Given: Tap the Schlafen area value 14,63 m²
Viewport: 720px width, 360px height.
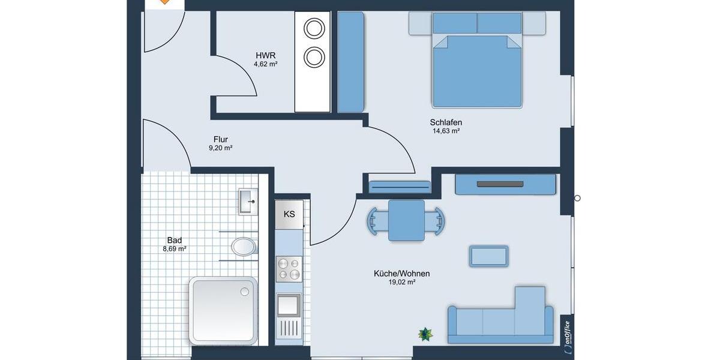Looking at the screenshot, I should coord(446,131).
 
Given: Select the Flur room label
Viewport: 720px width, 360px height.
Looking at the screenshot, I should coord(220,140).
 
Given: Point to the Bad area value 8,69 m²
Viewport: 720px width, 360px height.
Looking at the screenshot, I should coord(175,248).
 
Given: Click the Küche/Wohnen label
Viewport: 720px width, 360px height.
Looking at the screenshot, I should coord(401,274).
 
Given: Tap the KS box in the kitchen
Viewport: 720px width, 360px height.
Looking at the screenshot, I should coord(289,214).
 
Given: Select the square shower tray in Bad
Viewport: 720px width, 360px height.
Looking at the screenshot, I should coord(223,309).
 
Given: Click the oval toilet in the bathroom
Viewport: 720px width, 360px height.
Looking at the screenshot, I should coord(243,247).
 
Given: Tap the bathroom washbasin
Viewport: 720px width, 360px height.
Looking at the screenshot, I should coord(248,201).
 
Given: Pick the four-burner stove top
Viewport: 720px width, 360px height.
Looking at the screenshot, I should coord(289,268).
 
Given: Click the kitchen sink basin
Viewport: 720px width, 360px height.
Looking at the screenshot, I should coord(289,305).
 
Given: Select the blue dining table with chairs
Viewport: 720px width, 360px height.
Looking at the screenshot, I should coord(406,220).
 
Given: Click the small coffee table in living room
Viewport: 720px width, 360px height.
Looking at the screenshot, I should coord(489,256).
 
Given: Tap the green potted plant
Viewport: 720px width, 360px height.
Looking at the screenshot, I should coord(425,334).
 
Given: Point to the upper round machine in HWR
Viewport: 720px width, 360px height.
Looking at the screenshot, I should coord(313,28).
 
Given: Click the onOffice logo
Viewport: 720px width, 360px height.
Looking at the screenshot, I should coord(566,332).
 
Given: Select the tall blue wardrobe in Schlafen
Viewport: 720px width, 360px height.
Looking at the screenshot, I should coord(351,62).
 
